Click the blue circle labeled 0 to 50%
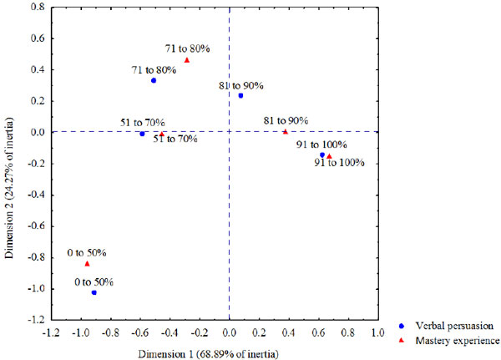click(94, 293)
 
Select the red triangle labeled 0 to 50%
click(87, 264)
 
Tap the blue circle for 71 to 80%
click(154, 80)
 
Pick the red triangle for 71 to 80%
click(187, 60)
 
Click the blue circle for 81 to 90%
click(240, 96)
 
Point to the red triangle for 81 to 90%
click(285, 131)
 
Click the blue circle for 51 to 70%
click(143, 134)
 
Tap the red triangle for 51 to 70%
click(162, 133)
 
